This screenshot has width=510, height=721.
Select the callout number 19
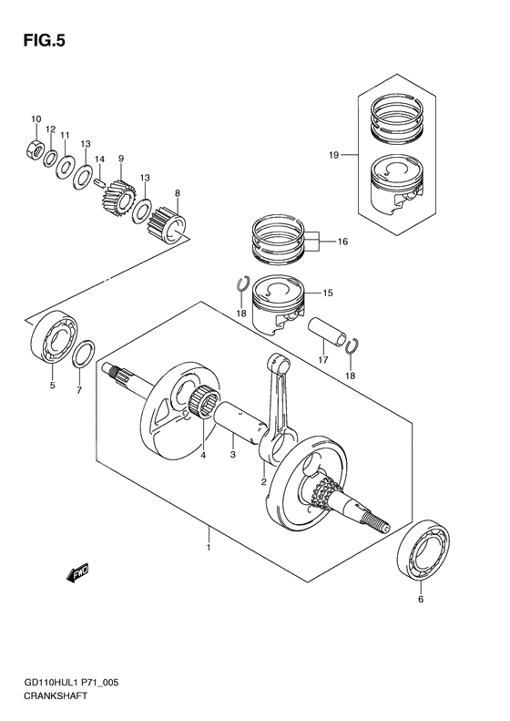point(333,156)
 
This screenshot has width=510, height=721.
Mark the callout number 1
point(209,547)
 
